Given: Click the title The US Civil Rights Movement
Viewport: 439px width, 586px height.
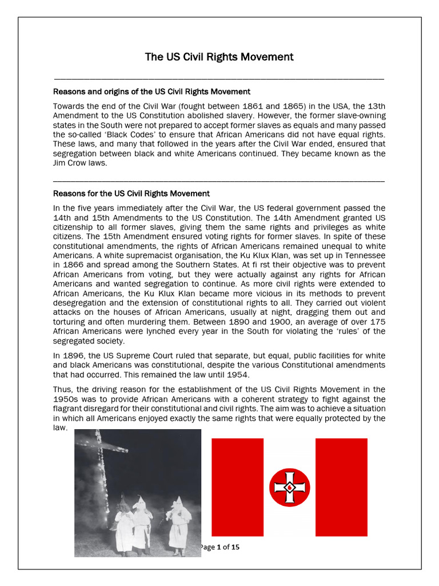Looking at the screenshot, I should click(x=219, y=57).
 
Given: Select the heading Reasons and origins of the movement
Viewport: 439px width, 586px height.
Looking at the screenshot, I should click(x=151, y=92).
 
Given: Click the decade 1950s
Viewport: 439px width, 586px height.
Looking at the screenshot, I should click(x=65, y=399).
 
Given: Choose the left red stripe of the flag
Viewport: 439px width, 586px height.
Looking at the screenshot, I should click(x=237, y=487).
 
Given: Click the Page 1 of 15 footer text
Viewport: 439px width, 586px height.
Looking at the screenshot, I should click(x=221, y=547).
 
